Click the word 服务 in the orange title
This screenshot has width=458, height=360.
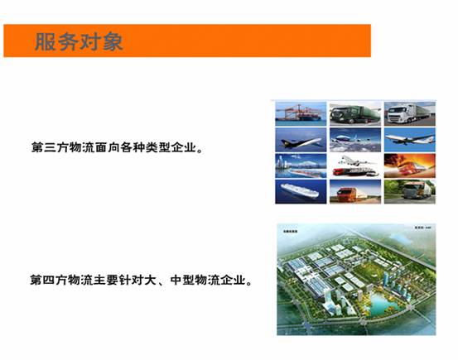pos(56,41)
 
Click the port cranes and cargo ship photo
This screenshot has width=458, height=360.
pos(301,113)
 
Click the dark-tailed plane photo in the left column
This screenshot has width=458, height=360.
pos(301,137)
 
